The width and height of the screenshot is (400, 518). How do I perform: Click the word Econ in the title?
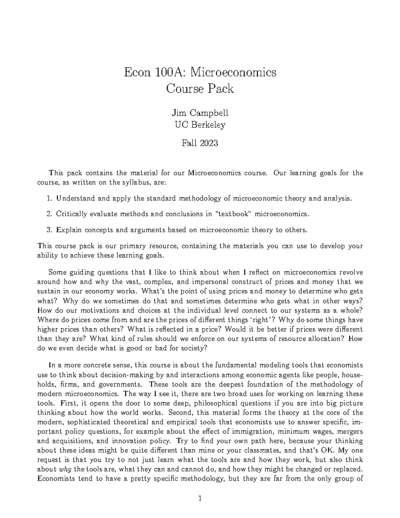[x=135, y=72]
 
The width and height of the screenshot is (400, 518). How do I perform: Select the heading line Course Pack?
[x=200, y=89]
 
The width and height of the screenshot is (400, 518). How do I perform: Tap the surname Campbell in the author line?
[x=212, y=113]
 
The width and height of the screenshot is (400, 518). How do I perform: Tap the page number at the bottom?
[x=200, y=499]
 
